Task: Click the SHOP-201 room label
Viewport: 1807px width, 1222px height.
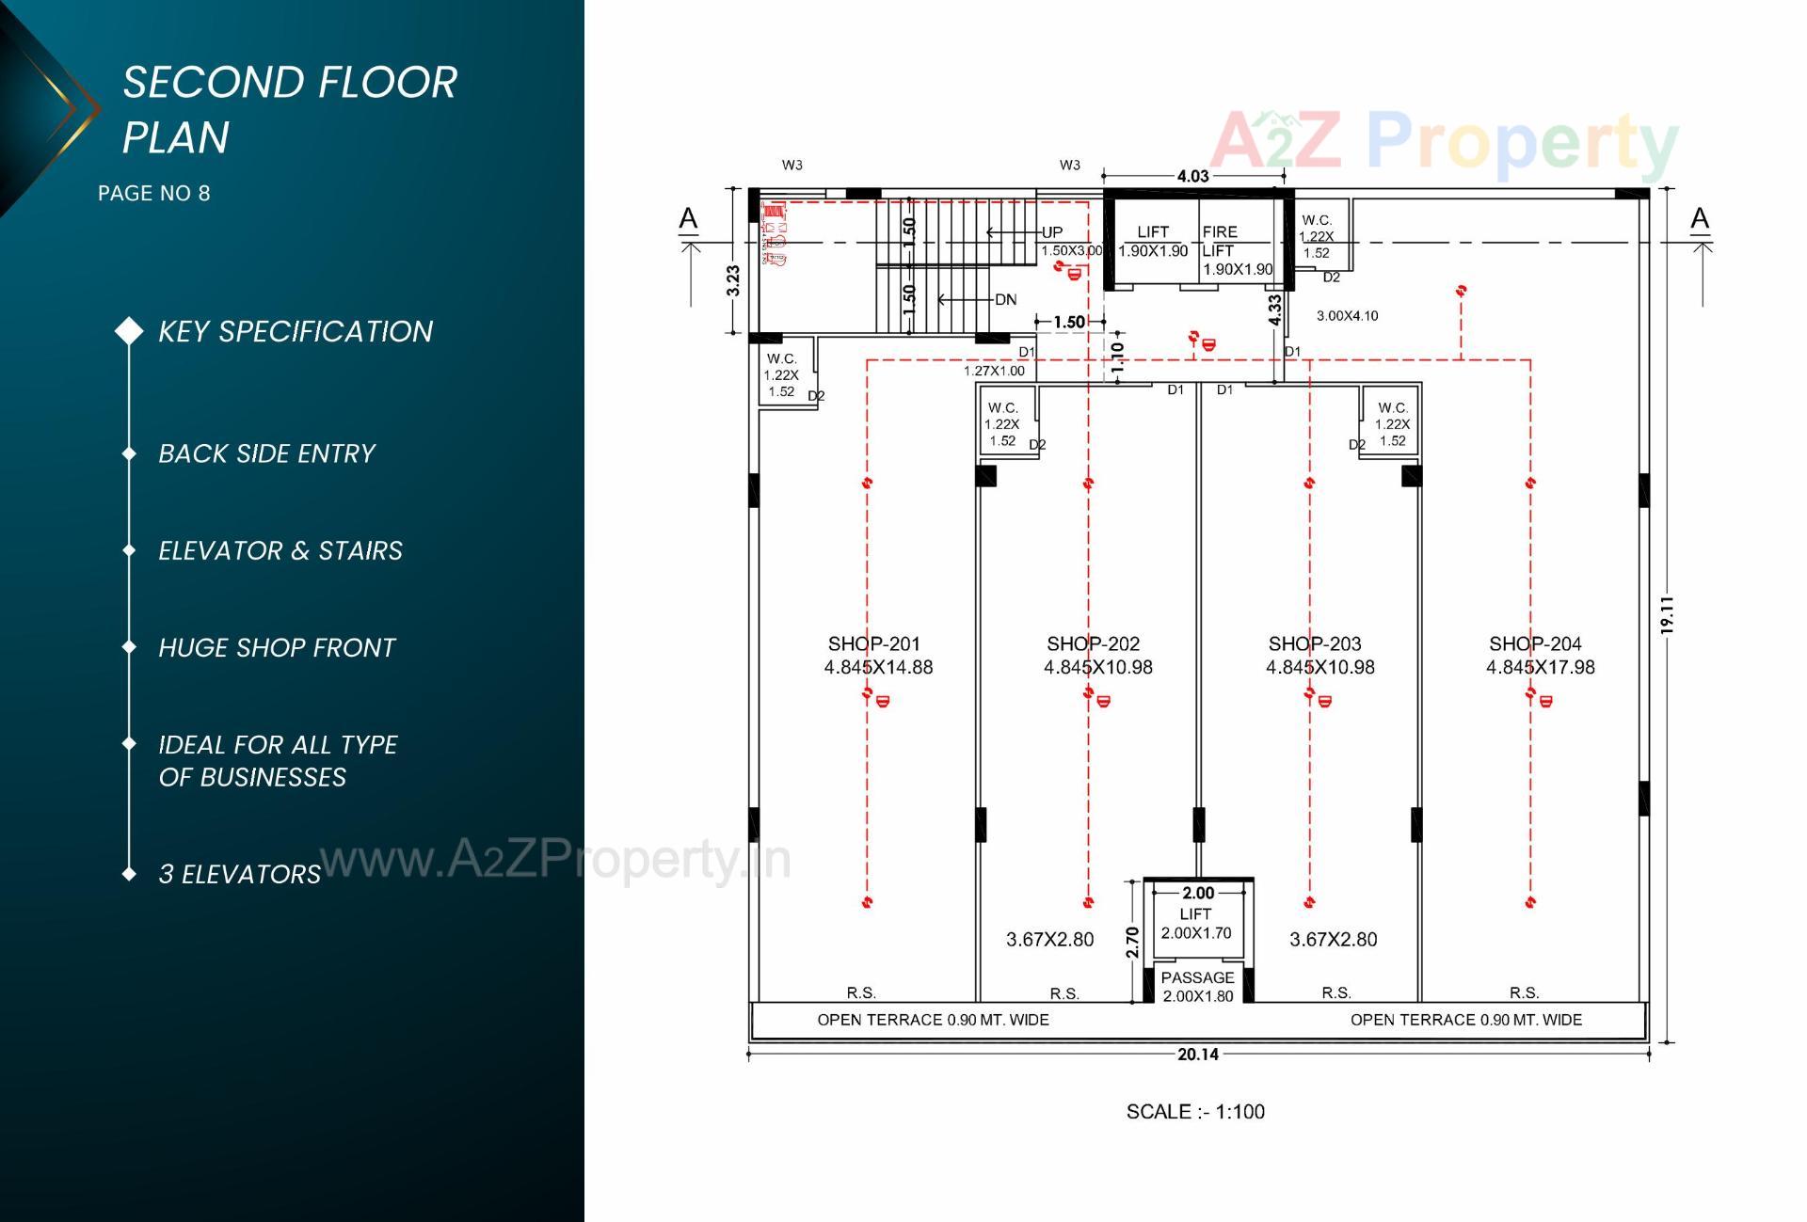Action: tap(873, 644)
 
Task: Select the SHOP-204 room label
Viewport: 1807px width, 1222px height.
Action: tap(1535, 644)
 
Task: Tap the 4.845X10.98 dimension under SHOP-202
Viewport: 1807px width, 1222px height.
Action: tap(1097, 668)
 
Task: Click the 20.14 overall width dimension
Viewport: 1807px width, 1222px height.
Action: tap(1197, 1055)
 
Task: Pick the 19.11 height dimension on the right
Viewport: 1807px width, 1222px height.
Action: tap(1667, 614)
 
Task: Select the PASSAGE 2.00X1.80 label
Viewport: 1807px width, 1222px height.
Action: tap(1197, 987)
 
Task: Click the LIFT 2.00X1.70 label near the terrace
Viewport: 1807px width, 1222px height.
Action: tap(1195, 924)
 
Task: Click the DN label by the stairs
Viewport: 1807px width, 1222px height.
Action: tap(1005, 300)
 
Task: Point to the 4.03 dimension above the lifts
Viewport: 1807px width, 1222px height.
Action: tap(1192, 176)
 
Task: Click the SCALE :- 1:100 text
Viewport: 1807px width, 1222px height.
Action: tap(1195, 1112)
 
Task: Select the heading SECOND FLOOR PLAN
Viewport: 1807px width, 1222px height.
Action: tap(289, 109)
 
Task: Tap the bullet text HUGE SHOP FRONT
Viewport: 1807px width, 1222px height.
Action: tap(277, 648)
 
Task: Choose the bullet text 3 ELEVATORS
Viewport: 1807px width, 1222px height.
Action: tap(240, 875)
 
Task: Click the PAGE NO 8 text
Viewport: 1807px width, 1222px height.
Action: tap(154, 194)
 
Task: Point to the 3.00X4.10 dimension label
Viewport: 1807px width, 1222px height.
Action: tap(1347, 316)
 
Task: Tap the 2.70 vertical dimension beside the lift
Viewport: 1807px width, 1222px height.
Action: tap(1132, 942)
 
